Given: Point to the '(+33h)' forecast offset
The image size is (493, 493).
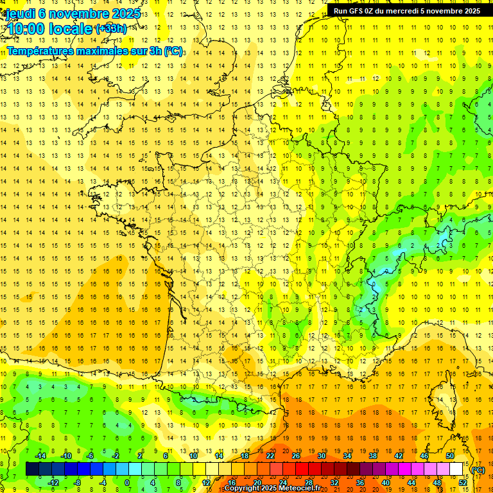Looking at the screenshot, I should point(110,28).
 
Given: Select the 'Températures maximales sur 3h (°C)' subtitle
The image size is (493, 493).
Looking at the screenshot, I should point(95,51).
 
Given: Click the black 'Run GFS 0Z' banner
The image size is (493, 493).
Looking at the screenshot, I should point(406,10).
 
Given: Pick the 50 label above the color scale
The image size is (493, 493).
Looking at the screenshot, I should point(450,456).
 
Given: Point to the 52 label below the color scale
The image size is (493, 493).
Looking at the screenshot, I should point(463,482).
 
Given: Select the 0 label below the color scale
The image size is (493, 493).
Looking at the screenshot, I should point(127,482).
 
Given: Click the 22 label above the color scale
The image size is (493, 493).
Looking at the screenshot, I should point(270,456).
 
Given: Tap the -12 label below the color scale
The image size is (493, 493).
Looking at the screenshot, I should point(53,482).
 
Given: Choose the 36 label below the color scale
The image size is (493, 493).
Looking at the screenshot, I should point(360,482).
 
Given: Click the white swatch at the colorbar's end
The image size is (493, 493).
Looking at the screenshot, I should point(456,469).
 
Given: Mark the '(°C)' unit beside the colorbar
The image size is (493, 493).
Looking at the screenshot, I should point(478,469).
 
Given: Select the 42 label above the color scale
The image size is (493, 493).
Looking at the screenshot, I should point(399,456).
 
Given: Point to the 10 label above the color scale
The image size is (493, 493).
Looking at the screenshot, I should point(193,456).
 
